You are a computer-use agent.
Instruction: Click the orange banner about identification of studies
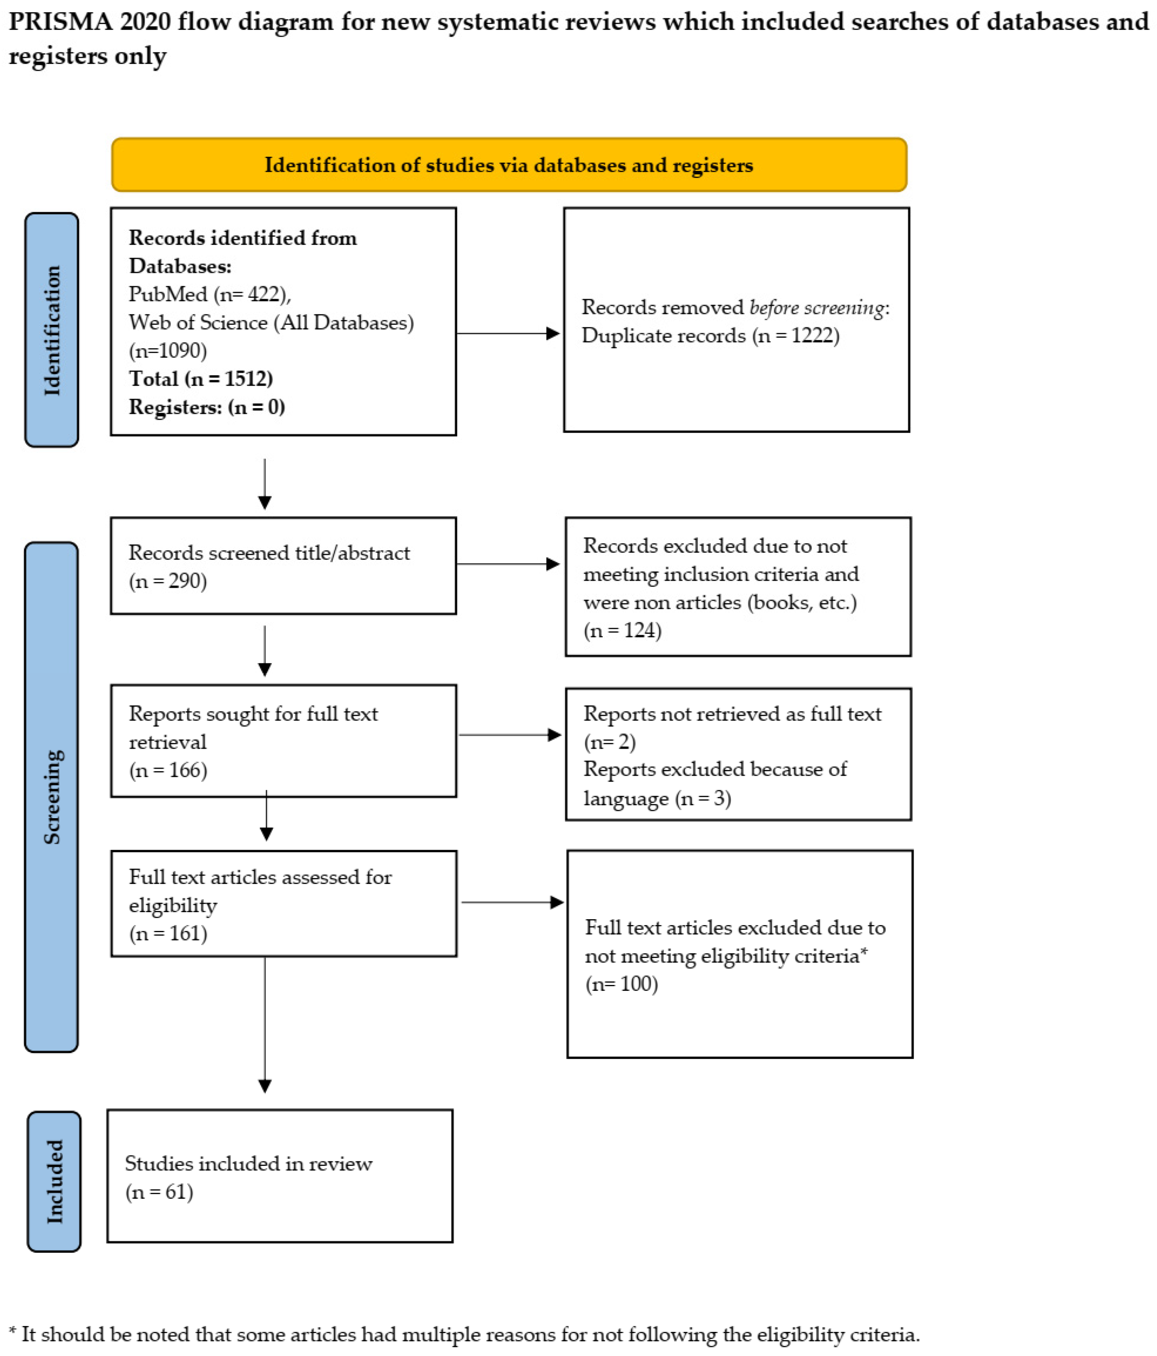tap(509, 164)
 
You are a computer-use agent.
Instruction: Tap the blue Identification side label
tap(52, 330)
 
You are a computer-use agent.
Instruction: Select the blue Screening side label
tap(52, 797)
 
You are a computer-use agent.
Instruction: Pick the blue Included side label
tap(54, 1181)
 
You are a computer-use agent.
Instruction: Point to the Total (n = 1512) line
tap(200, 378)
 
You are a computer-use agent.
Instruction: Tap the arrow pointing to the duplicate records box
tap(508, 334)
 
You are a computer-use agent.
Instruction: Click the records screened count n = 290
tap(168, 581)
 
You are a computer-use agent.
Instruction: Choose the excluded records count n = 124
tap(622, 630)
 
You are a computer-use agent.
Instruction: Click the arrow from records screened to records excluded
tap(508, 564)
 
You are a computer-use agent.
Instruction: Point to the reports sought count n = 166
tap(168, 770)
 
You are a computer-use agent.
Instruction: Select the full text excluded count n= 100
tap(622, 984)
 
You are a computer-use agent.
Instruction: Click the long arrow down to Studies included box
tap(265, 1025)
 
